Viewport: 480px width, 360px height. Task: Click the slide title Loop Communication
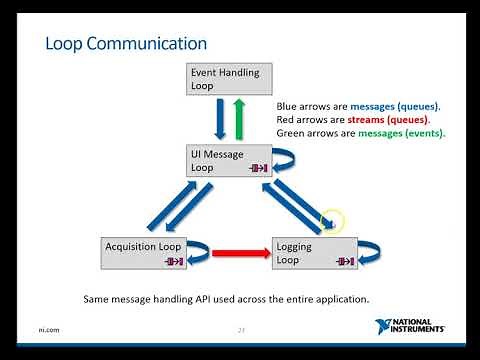pyautogui.click(x=127, y=44)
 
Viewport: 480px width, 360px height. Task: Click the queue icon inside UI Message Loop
pyautogui.click(x=259, y=169)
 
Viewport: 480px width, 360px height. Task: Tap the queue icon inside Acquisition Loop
pyautogui.click(x=174, y=261)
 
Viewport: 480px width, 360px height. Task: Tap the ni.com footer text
pyautogui.click(x=46, y=331)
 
